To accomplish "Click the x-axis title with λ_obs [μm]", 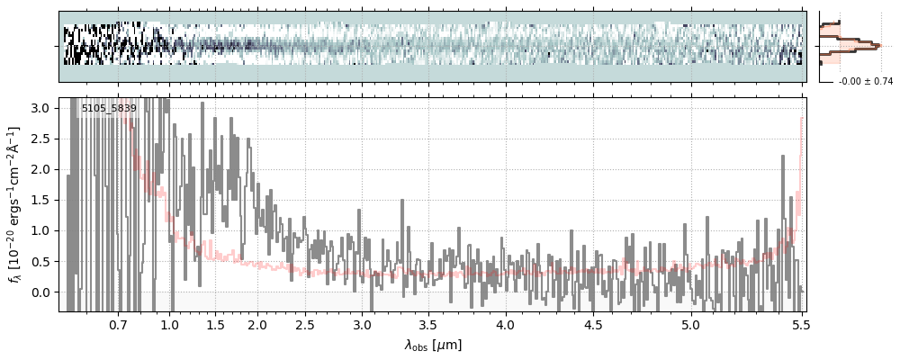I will pyautogui.click(x=432, y=345).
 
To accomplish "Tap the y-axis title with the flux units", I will pyautogui.click(x=15, y=204).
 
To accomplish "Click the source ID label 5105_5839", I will pyautogui.click(x=109, y=108).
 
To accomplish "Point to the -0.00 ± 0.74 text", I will pyautogui.click(x=859, y=82).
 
